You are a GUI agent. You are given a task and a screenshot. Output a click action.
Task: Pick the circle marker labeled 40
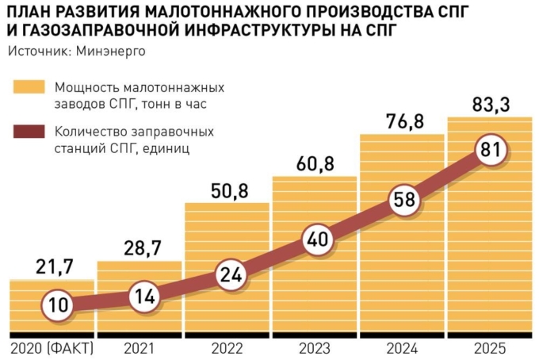[x=316, y=239]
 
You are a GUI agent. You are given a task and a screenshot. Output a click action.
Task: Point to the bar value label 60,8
[x=315, y=163]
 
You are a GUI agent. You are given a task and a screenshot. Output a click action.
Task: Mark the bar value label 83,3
[x=491, y=103]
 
